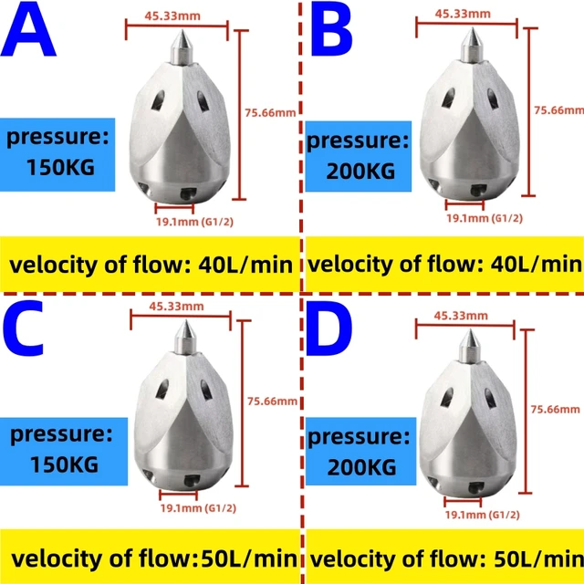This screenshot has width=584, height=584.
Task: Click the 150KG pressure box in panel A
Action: coord(58,153)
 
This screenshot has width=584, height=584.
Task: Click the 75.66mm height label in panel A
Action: coord(271,113)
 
